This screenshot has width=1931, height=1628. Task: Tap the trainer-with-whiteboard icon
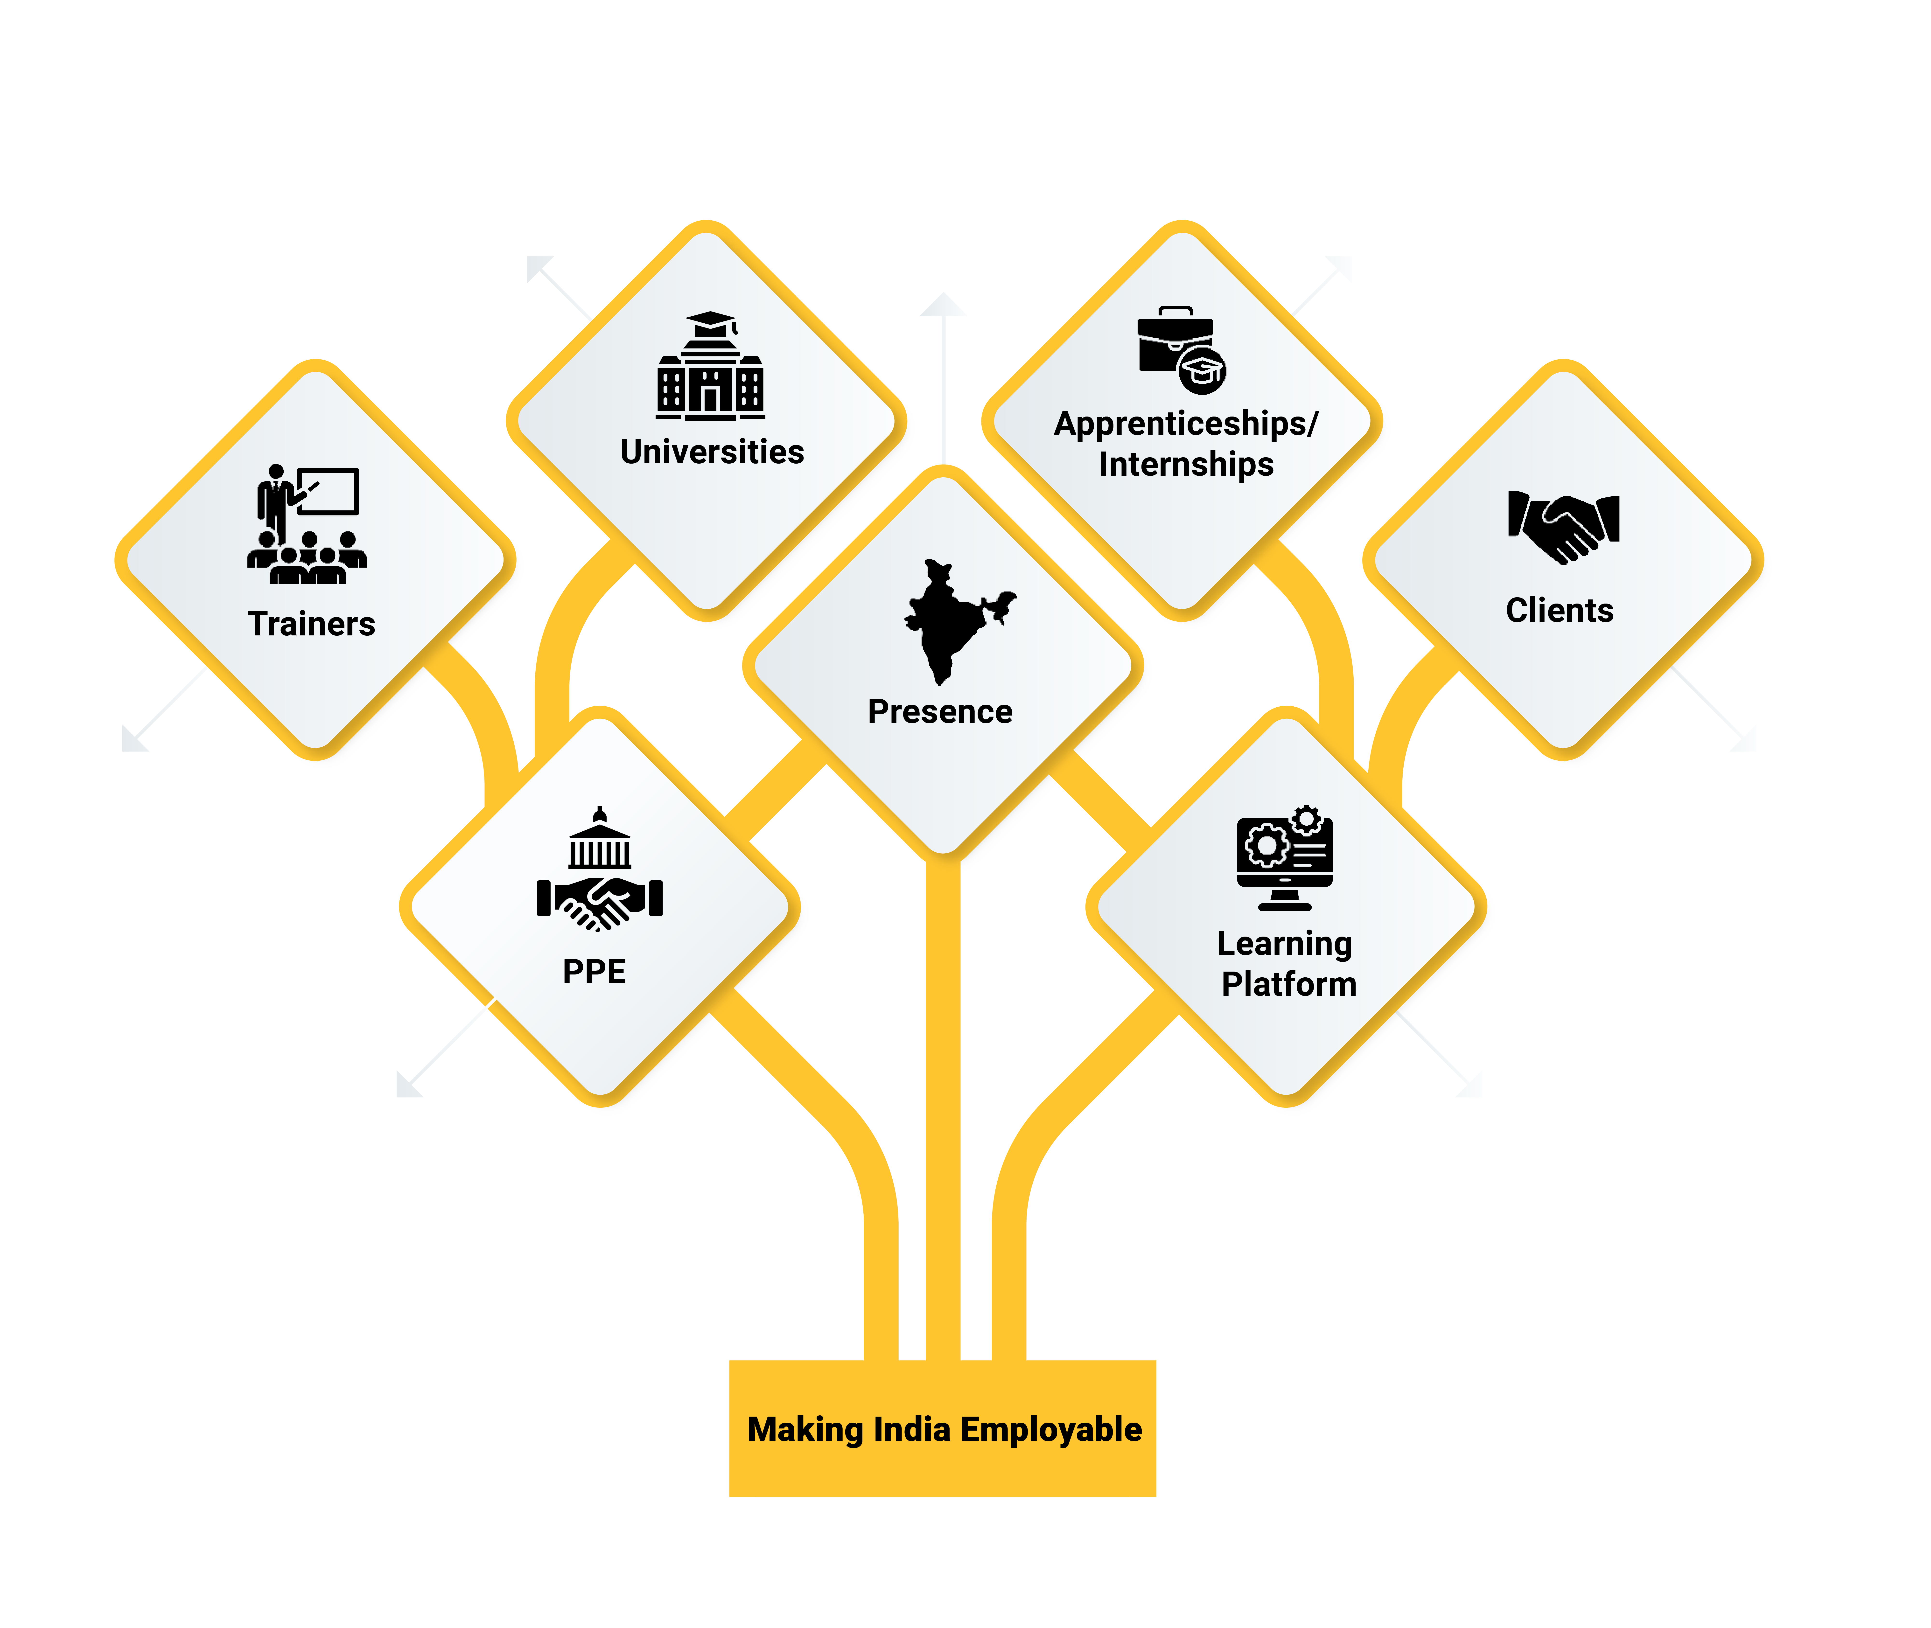[x=307, y=524]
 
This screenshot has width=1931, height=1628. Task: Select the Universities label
[x=712, y=452]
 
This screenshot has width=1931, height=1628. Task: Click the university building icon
[x=710, y=367]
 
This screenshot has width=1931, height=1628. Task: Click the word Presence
[x=940, y=712]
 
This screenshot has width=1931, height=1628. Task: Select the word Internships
[x=1186, y=464]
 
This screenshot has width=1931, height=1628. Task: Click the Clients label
[x=1559, y=611]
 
